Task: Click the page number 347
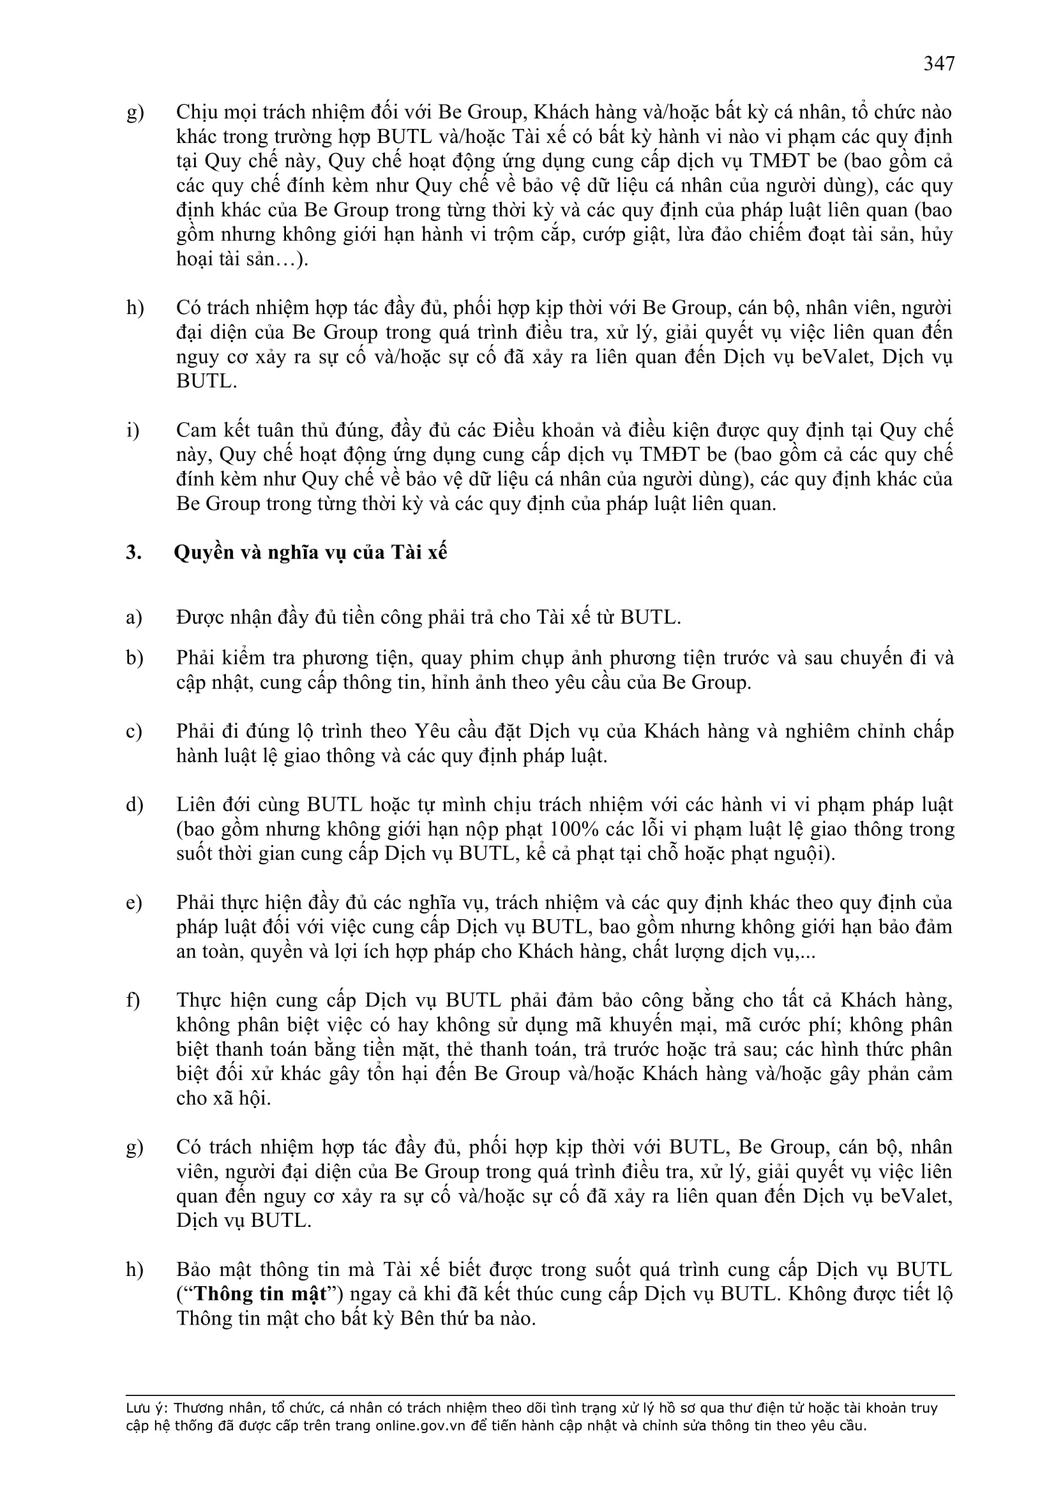point(939,64)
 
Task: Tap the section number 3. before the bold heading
point(133,552)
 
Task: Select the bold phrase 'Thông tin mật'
point(260,1294)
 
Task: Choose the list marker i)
point(133,430)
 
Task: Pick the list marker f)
point(133,1000)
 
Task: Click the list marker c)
point(134,731)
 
